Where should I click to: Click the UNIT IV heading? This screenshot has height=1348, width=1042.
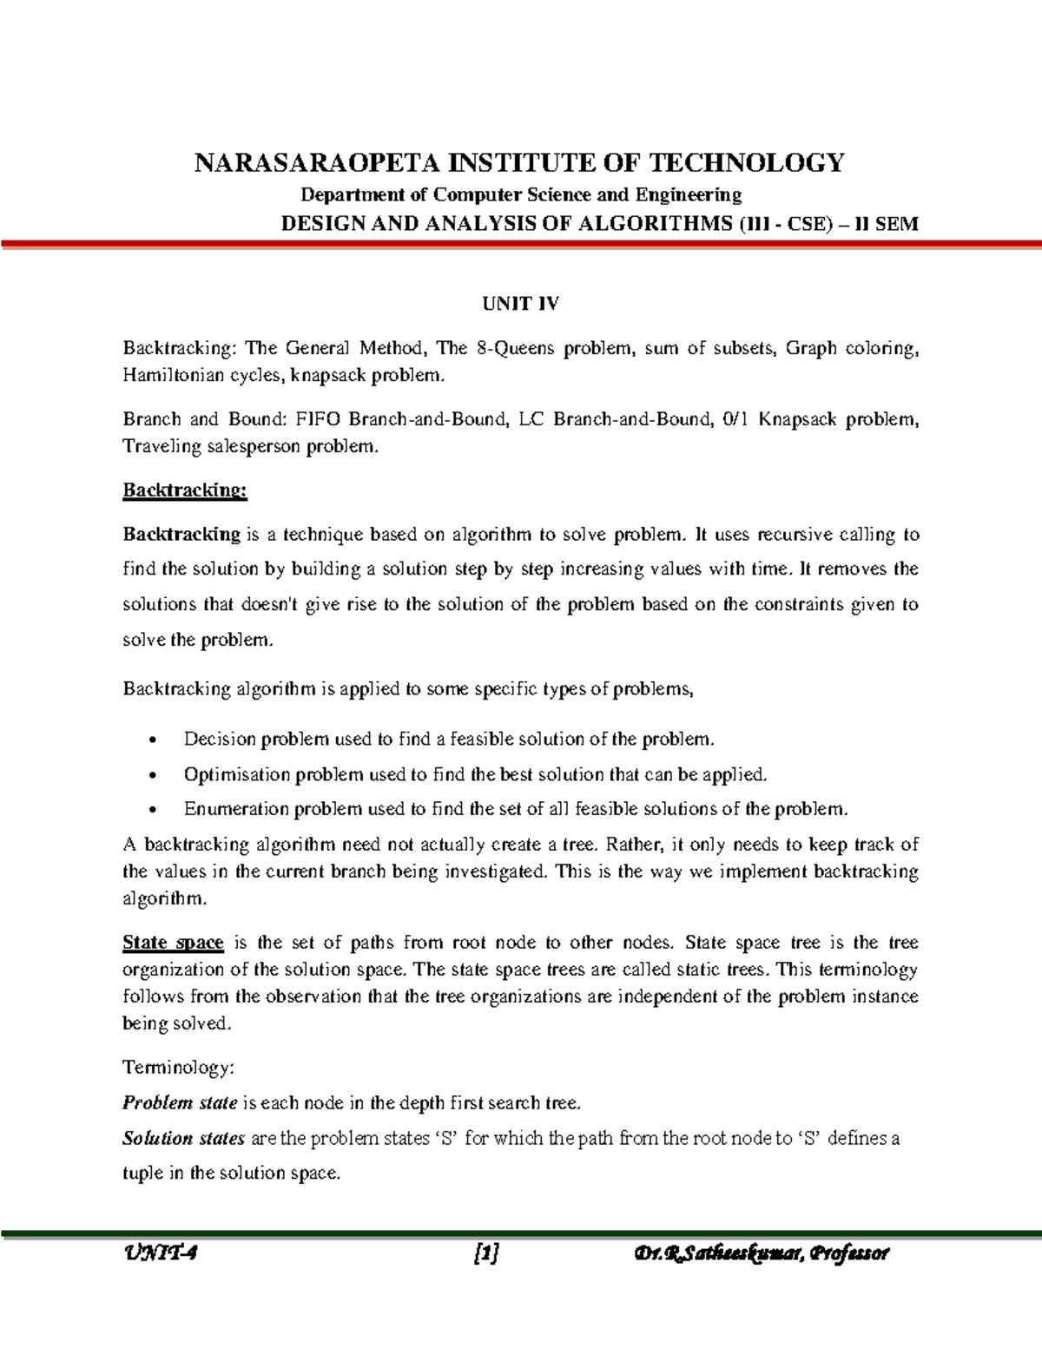(x=521, y=304)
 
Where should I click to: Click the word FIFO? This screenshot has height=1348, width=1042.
(x=319, y=420)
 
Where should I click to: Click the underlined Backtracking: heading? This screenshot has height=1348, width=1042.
(x=185, y=490)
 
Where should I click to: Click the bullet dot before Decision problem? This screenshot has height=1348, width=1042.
(x=154, y=741)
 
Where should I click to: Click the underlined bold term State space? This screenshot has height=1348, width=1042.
(x=173, y=943)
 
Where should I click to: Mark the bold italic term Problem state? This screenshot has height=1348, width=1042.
(x=180, y=1103)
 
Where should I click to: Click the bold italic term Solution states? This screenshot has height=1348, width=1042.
(x=183, y=1138)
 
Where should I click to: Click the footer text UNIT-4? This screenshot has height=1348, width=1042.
(x=162, y=1253)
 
